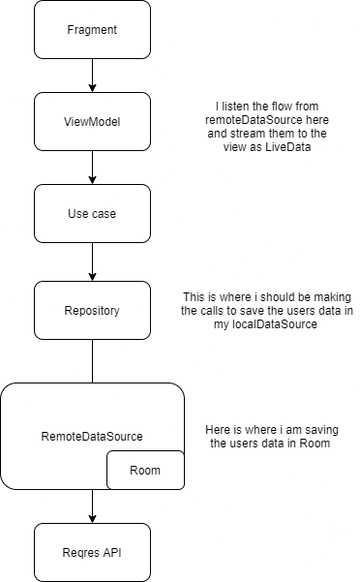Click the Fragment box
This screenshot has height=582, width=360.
pyautogui.click(x=92, y=30)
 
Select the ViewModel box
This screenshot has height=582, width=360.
pyautogui.click(x=92, y=122)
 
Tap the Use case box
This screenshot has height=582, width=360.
pyautogui.click(x=92, y=214)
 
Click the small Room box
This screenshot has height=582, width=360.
pyautogui.click(x=145, y=470)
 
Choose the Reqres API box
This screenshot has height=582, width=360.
pyautogui.click(x=92, y=552)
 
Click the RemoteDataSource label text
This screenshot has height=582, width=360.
pyautogui.click(x=92, y=437)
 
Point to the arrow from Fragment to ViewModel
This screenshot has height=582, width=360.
pyautogui.click(x=92, y=76)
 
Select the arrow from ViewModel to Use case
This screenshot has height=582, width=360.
pyautogui.click(x=92, y=168)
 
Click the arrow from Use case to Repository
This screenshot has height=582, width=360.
pyautogui.click(x=92, y=261)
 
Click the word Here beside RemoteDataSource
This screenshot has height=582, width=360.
pyautogui.click(x=222, y=427)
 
